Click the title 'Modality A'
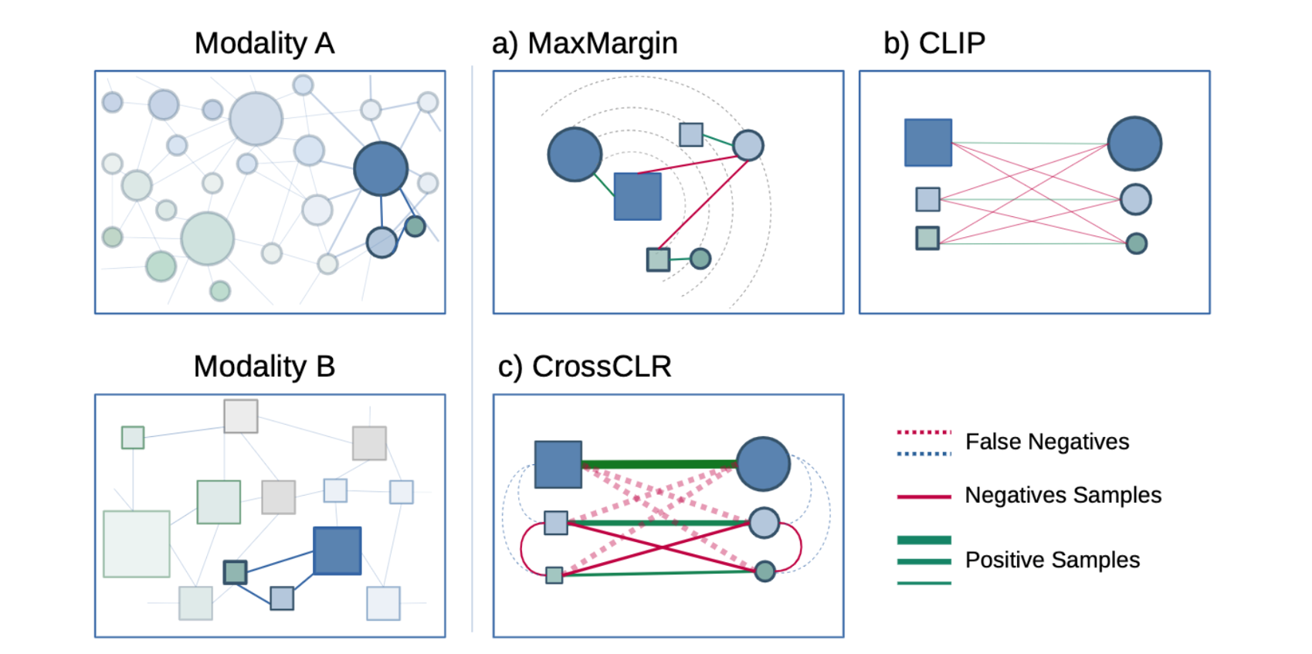click(x=264, y=43)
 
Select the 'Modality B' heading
click(x=264, y=367)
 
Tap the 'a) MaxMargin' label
click(x=585, y=43)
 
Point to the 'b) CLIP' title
click(x=934, y=43)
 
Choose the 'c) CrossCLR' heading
click(x=585, y=367)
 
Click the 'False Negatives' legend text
click(x=1046, y=442)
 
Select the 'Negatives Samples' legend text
click(x=1063, y=495)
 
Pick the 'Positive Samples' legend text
click(x=1052, y=560)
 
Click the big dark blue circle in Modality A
click(x=381, y=169)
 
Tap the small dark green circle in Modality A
click(x=415, y=226)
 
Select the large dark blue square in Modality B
click(x=337, y=551)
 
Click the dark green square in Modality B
click(x=235, y=572)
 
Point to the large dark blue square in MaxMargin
click(x=637, y=196)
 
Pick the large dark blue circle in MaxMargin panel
click(x=575, y=154)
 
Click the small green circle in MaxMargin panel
click(x=700, y=258)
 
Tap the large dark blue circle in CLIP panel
click(x=1134, y=144)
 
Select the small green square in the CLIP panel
click(x=927, y=238)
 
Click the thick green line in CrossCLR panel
click(x=659, y=464)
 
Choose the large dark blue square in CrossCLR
click(x=558, y=464)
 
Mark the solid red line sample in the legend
click(x=924, y=496)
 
